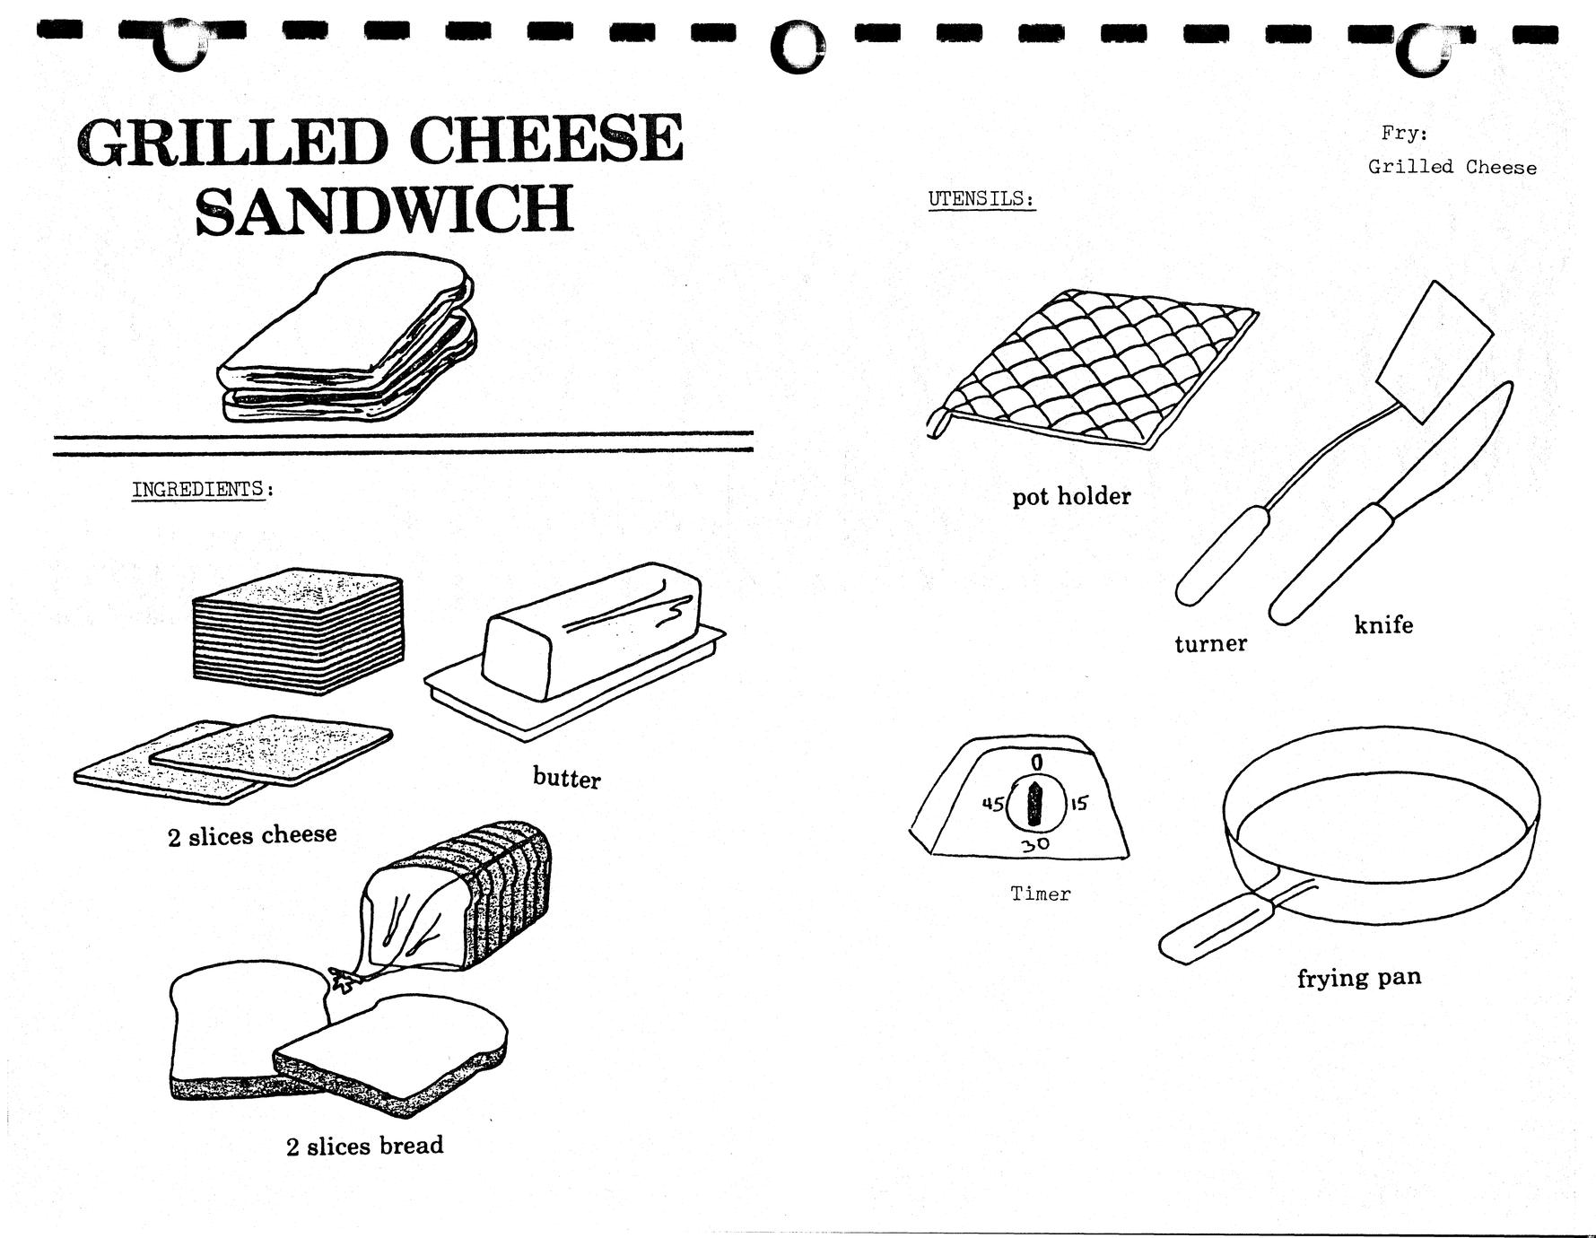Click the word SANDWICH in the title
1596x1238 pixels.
[384, 208]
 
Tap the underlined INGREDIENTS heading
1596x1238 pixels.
[198, 489]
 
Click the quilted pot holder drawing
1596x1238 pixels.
[1092, 368]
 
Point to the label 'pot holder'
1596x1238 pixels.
[1071, 496]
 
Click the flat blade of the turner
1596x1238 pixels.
[1434, 351]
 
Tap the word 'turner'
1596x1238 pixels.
[1210, 643]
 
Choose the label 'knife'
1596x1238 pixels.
[1382, 624]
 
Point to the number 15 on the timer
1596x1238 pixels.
[1077, 803]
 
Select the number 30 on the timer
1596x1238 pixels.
[1035, 844]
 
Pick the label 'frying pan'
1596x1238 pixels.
[1358, 978]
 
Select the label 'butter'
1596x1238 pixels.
[566, 777]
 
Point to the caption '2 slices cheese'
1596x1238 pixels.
[252, 836]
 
